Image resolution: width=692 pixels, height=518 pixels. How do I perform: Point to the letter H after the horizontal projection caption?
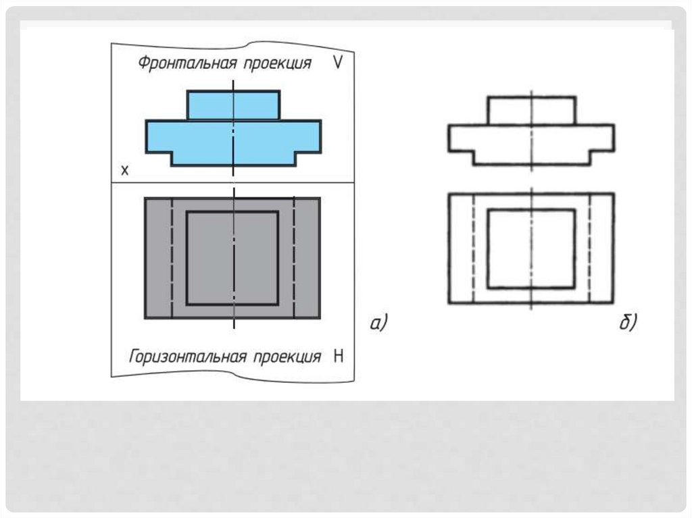click(x=338, y=356)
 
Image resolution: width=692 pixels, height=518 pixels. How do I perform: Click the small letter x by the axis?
click(x=124, y=170)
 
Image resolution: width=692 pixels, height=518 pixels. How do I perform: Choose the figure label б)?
click(x=628, y=324)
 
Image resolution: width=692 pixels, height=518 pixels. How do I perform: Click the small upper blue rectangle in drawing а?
click(x=211, y=105)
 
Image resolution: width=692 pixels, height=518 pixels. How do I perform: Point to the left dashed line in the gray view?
click(x=172, y=257)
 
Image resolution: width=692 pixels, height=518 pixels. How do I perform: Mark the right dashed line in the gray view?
click(x=294, y=257)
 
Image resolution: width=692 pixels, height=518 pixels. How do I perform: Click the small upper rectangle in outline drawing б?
click(x=510, y=111)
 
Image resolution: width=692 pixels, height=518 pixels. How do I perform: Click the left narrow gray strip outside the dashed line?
click(x=158, y=257)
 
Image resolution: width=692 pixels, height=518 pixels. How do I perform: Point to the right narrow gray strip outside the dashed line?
click(x=307, y=257)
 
